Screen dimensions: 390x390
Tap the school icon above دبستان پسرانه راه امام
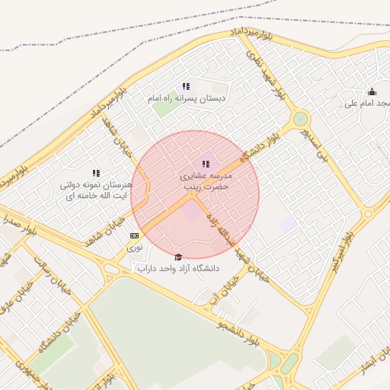pyautogui.click(x=186, y=86)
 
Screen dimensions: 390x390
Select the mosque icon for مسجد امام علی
pyautogui.click(x=372, y=91)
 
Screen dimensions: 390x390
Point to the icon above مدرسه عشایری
pyautogui.click(x=206, y=163)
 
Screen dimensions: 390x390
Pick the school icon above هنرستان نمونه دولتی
pyautogui.click(x=96, y=174)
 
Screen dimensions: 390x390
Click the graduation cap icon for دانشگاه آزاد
pyautogui.click(x=178, y=256)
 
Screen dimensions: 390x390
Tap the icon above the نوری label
pyautogui.click(x=134, y=235)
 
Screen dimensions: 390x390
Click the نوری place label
pyautogui.click(x=134, y=247)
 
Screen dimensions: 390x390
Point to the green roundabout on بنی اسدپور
pyautogui.click(x=301, y=119)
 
